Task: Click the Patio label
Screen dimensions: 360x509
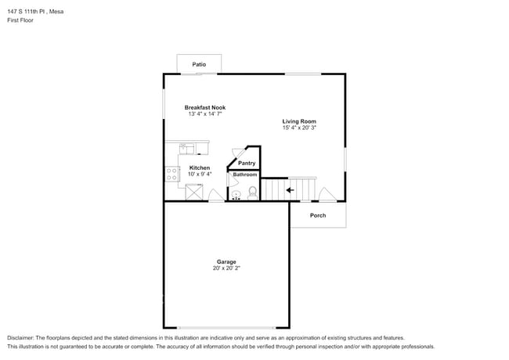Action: click(199, 63)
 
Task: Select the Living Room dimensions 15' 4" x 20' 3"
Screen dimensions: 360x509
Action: click(299, 128)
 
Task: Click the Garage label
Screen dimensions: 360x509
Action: click(226, 261)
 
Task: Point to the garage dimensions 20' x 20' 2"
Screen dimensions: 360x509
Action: click(226, 268)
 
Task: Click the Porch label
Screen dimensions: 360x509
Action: click(317, 215)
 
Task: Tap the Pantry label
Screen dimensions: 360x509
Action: click(247, 163)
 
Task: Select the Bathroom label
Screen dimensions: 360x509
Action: click(244, 175)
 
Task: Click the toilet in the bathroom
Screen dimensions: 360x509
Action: click(252, 192)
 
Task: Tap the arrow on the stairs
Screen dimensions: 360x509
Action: click(290, 189)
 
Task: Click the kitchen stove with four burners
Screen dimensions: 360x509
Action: click(172, 174)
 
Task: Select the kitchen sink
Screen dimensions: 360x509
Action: click(186, 147)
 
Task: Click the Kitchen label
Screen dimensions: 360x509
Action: click(199, 167)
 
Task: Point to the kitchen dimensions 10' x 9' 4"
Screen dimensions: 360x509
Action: click(199, 175)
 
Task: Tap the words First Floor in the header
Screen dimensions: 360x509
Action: click(20, 20)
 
